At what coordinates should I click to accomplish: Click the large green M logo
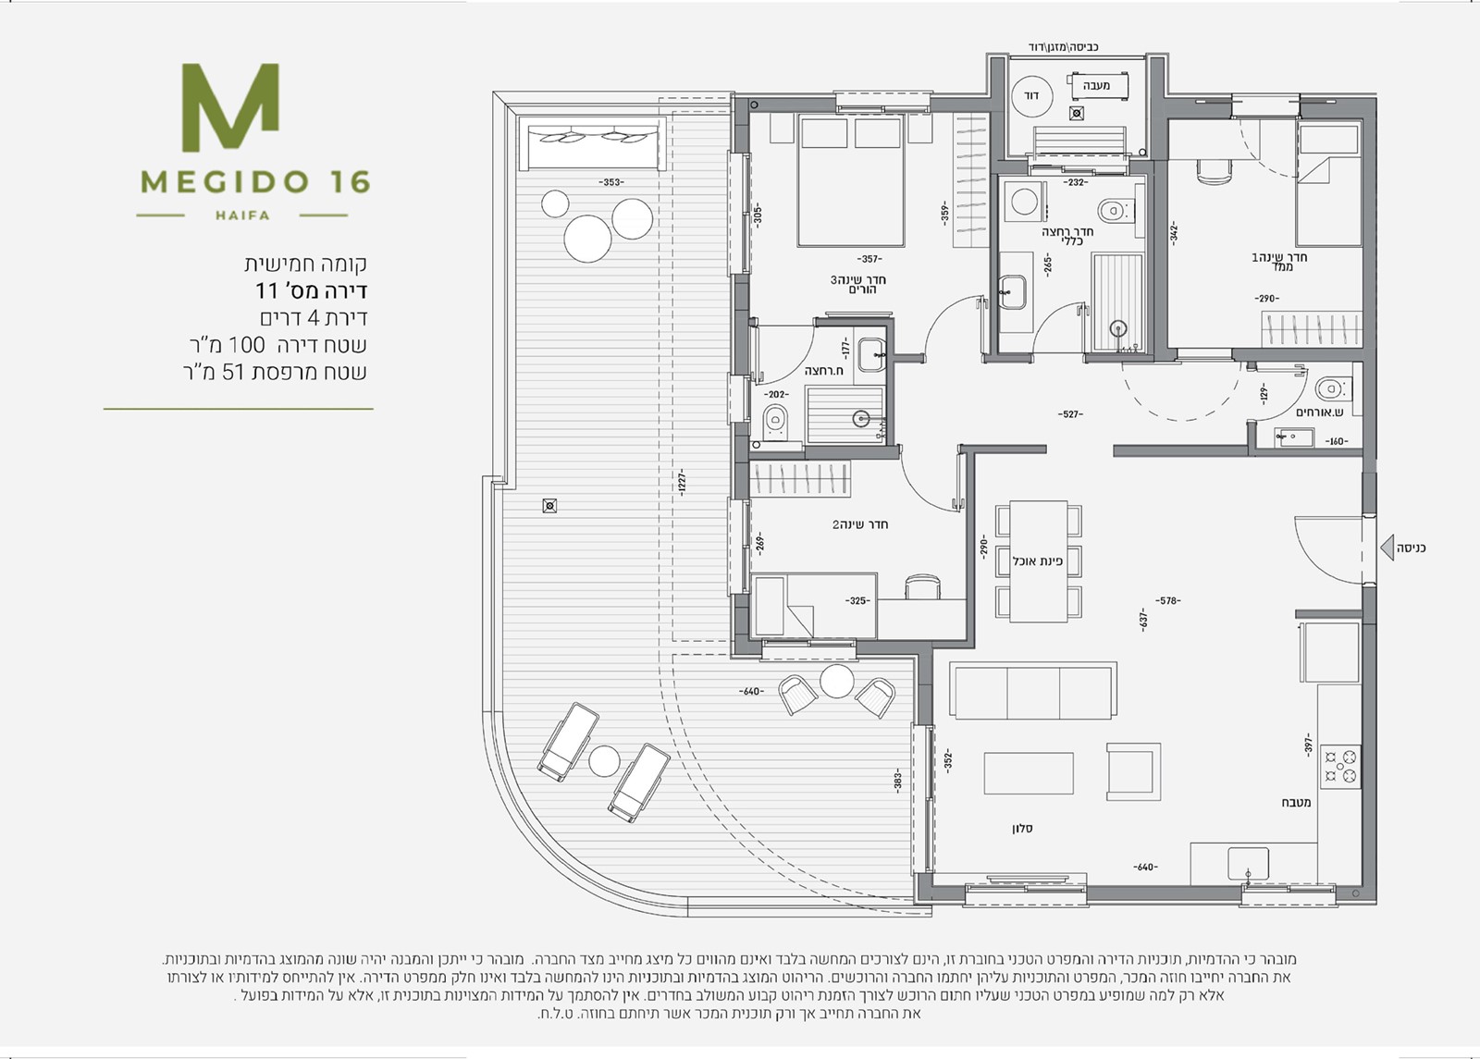tap(230, 107)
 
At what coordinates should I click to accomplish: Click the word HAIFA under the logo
tap(242, 215)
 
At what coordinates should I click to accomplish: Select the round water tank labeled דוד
tap(1031, 96)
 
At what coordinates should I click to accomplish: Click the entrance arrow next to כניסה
tap(1387, 548)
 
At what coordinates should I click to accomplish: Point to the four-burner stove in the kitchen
tap(1340, 766)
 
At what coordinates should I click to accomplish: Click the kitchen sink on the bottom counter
tap(1248, 865)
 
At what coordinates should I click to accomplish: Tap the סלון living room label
tap(1021, 829)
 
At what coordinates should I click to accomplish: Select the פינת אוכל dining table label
tap(1037, 561)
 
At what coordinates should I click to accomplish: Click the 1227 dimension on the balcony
tap(681, 482)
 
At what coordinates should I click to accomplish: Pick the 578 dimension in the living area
tap(1168, 600)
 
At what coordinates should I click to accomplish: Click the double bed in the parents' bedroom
tap(850, 180)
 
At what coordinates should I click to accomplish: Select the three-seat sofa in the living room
tap(1033, 690)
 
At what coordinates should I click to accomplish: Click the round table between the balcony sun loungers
tap(604, 761)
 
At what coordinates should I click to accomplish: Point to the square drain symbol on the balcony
tap(549, 506)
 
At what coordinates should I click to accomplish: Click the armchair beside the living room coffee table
tap(1134, 771)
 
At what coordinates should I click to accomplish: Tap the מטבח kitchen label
tap(1296, 803)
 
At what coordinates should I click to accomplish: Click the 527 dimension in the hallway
tap(1070, 414)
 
